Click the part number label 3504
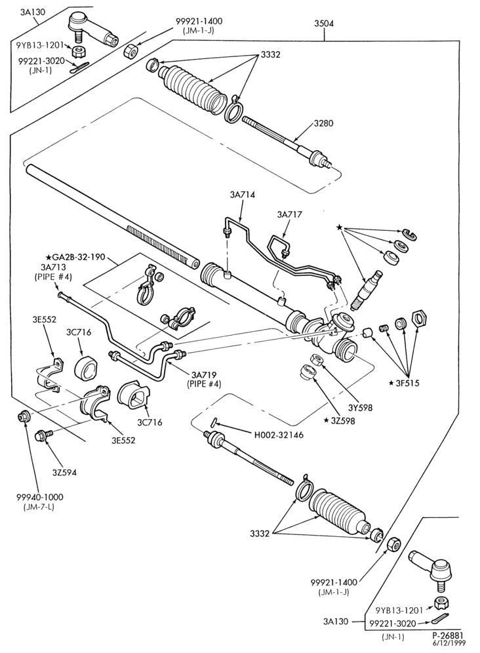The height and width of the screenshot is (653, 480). [324, 24]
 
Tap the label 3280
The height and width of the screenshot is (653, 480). [323, 123]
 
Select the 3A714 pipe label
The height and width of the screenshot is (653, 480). [242, 195]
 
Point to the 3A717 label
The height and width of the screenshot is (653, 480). [289, 214]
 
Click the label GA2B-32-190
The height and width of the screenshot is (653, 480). [82, 258]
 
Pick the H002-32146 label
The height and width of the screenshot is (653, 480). [279, 435]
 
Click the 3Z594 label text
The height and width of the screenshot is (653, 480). [64, 472]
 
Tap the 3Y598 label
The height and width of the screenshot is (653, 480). [361, 407]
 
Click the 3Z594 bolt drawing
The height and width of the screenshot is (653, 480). [45, 435]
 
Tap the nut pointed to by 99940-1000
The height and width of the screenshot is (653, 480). [24, 416]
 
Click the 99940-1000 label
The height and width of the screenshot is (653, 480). [40, 497]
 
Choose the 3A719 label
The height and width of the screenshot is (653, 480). [203, 374]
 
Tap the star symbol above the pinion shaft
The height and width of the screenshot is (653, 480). [339, 228]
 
